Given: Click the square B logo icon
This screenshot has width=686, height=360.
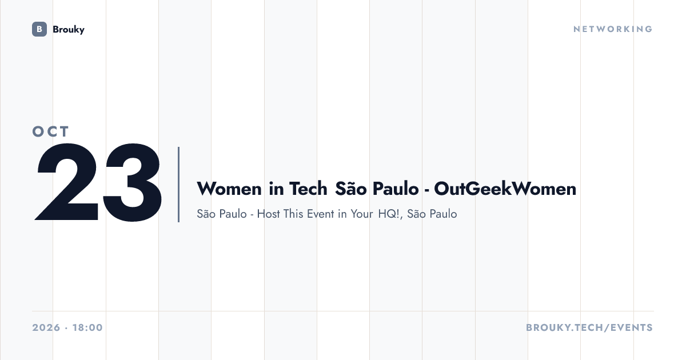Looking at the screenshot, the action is (39, 29).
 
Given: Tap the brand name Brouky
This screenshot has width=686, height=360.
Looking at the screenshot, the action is (69, 30).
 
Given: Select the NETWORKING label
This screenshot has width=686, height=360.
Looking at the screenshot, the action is (613, 29).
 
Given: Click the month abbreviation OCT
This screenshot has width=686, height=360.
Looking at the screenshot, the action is (50, 131).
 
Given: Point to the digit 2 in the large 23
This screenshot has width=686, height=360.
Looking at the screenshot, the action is (67, 182).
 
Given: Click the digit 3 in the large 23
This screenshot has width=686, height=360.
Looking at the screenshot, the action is (132, 182).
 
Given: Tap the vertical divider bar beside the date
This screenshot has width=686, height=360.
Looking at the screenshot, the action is (178, 184).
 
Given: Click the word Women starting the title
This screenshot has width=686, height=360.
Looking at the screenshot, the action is (229, 189).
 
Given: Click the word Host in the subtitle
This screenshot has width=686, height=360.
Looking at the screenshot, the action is (268, 214).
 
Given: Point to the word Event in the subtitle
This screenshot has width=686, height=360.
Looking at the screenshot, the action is (320, 214).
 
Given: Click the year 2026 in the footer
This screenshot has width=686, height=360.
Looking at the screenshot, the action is (46, 327).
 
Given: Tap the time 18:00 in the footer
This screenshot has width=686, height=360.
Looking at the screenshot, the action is (87, 327).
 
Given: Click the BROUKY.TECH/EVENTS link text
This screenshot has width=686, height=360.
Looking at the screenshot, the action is (589, 327).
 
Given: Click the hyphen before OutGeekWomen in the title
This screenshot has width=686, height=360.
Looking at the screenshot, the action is (426, 190).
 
